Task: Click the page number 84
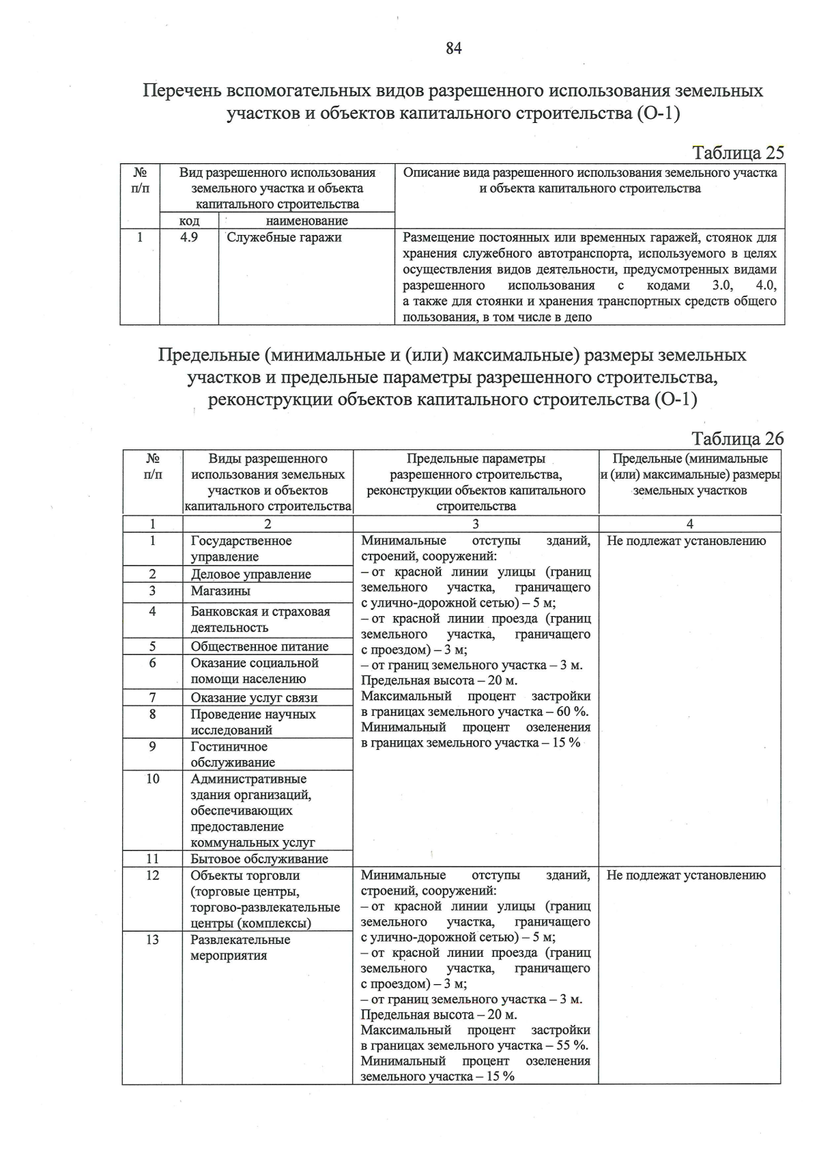point(454,48)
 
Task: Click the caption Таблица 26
point(737,438)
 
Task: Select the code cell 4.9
point(189,238)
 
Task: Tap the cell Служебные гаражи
point(284,238)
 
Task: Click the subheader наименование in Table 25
point(306,221)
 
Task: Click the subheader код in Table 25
point(189,221)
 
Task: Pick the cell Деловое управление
point(250,574)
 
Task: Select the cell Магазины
point(220,591)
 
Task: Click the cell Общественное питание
point(259,646)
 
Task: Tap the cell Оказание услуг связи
point(254,697)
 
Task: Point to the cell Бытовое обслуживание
point(259,858)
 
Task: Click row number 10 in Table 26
point(153,779)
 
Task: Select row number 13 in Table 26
point(153,940)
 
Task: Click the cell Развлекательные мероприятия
point(240,947)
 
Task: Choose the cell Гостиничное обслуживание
point(233,754)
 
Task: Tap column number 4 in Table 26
point(690,524)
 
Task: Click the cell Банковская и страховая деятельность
point(259,619)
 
